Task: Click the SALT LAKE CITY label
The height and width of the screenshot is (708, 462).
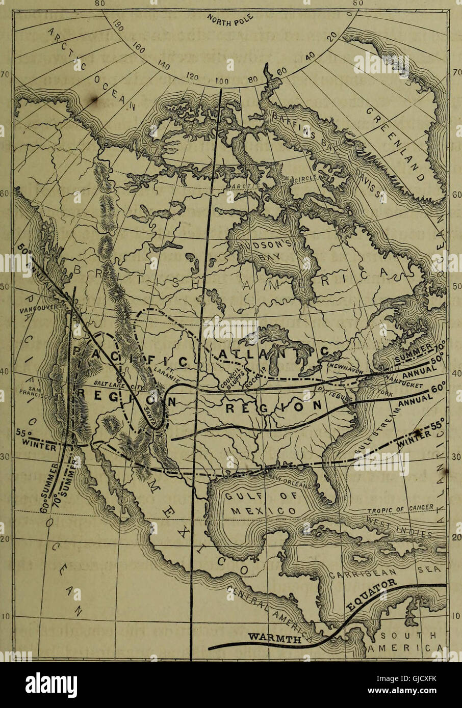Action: [114, 383]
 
